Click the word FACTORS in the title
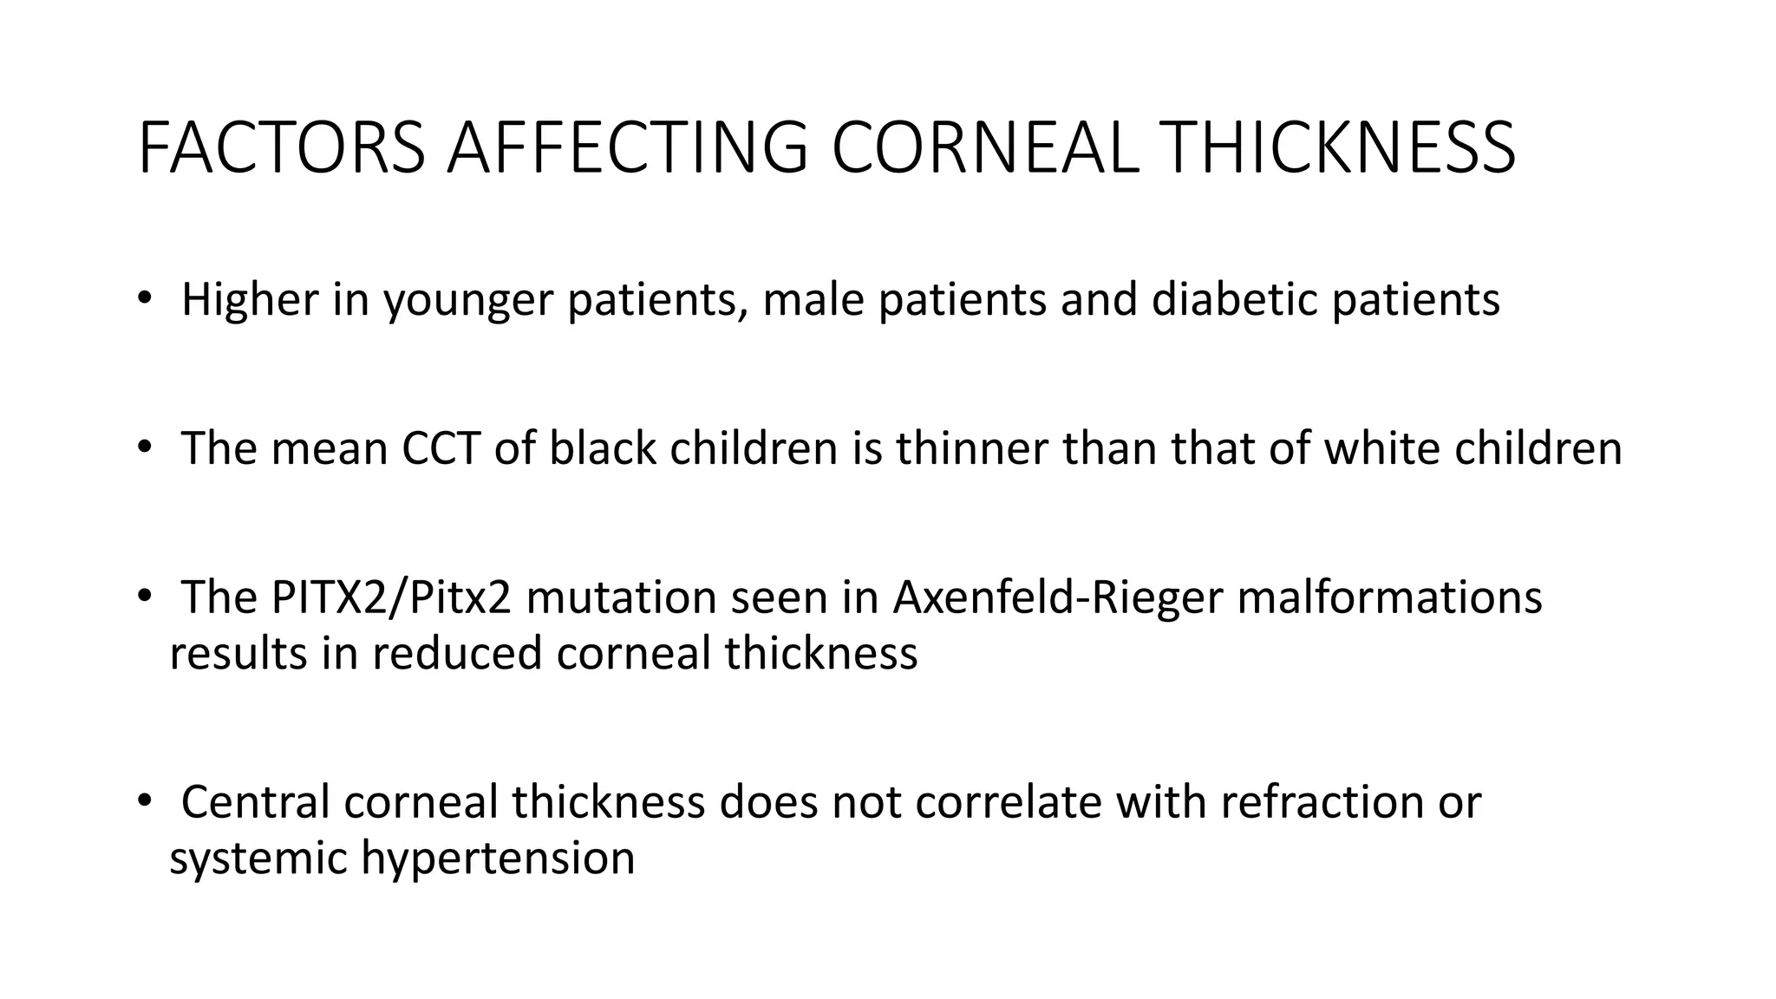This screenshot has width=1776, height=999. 281,148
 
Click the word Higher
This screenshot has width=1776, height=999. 250,300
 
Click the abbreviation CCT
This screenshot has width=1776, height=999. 441,449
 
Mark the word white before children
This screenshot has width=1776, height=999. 1381,449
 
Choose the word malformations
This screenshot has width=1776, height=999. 1389,598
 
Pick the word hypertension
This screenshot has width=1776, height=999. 498,858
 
